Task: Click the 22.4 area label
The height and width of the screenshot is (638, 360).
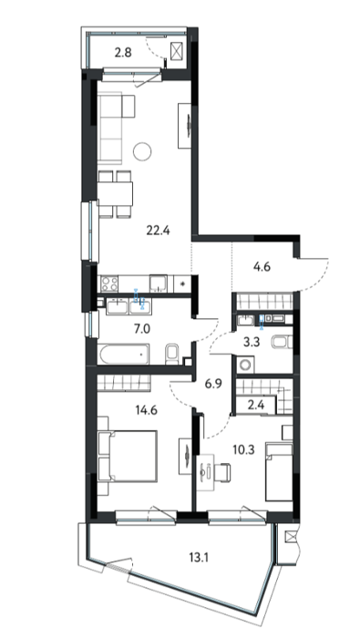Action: click(x=159, y=232)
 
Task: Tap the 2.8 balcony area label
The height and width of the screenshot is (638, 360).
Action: click(x=123, y=53)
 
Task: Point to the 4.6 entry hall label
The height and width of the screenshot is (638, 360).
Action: click(x=262, y=267)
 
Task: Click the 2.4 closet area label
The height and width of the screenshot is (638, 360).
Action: click(x=255, y=406)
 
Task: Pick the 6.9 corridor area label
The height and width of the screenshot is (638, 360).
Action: click(x=212, y=384)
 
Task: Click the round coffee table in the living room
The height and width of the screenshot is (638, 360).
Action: click(x=142, y=151)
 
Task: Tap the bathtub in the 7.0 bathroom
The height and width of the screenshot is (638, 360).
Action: click(x=124, y=354)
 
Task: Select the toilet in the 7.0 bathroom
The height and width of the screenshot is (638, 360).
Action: click(x=172, y=354)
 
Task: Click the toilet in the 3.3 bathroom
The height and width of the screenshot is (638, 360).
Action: click(x=282, y=342)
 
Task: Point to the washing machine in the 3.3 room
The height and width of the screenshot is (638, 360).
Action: click(x=246, y=365)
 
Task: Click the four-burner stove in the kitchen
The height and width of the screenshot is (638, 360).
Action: click(x=109, y=283)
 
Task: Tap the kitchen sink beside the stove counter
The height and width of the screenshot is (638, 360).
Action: click(x=159, y=283)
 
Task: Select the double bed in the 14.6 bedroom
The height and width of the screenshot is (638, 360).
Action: click(x=128, y=456)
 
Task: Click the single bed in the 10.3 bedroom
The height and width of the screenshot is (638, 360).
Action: click(x=279, y=472)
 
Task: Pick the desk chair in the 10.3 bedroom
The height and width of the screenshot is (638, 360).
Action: click(x=222, y=472)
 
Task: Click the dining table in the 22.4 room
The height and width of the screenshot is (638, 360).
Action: click(x=116, y=194)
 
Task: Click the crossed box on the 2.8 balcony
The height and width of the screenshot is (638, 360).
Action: click(x=177, y=50)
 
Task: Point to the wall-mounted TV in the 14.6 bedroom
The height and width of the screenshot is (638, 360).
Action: click(x=187, y=456)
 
